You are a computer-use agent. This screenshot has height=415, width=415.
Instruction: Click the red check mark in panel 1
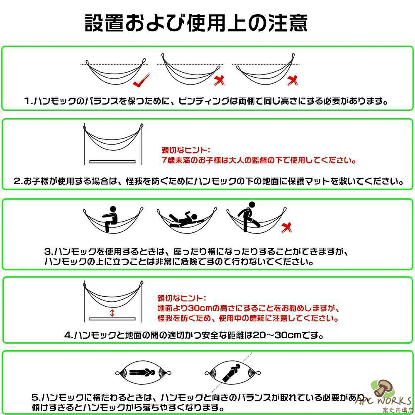pos(141,81)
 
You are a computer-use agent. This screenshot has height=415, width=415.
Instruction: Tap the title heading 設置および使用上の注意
pos(196,23)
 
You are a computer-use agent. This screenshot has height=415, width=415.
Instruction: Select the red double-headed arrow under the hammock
pos(112,313)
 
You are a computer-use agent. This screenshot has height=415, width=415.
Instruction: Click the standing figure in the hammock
pos(249,217)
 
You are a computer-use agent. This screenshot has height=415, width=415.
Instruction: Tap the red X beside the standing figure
pos(286,227)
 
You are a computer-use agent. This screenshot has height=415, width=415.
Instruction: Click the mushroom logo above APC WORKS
pos(383,388)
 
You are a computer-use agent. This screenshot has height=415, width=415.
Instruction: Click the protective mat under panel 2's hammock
pos(112,161)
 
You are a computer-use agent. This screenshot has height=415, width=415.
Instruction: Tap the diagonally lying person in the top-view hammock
pos(231,373)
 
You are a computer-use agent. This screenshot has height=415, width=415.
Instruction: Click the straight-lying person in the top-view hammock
pos(142,373)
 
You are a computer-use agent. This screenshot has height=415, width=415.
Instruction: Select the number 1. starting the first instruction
pos(29,101)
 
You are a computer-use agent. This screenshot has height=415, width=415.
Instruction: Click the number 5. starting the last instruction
pos(36,397)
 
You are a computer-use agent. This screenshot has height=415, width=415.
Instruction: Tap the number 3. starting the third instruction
pos(49,251)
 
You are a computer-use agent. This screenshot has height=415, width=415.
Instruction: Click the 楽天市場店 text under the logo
pos(397,410)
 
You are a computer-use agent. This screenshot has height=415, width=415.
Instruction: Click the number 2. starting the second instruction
pos(19,181)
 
